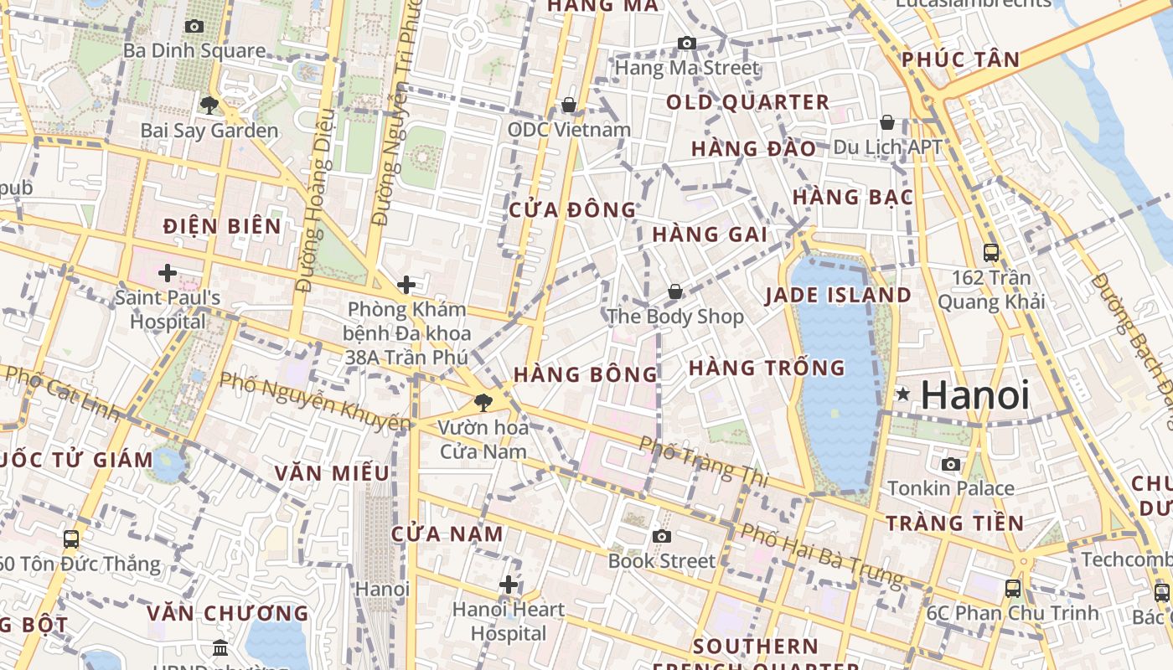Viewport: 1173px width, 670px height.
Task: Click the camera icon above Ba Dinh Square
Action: (194, 27)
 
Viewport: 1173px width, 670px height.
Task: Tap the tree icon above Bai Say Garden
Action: (209, 106)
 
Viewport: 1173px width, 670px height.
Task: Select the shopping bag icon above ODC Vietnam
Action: (569, 105)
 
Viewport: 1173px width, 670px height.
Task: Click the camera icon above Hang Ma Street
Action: (687, 44)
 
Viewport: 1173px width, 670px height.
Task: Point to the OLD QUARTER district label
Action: (747, 103)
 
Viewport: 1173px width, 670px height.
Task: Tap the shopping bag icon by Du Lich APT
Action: (887, 123)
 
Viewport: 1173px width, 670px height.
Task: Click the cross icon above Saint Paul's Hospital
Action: (168, 273)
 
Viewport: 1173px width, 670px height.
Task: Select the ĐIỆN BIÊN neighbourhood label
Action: (222, 226)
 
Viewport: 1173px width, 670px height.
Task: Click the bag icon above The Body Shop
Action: (675, 292)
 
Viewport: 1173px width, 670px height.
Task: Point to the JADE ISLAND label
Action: (838, 295)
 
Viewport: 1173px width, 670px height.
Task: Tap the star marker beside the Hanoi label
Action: (903, 394)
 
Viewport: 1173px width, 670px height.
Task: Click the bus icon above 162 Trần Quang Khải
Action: (991, 253)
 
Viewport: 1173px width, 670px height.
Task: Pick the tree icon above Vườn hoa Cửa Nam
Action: (483, 403)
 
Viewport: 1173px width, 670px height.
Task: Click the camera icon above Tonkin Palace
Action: (951, 464)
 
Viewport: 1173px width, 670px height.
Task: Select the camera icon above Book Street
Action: (662, 536)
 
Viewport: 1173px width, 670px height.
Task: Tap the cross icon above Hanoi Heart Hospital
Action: (509, 585)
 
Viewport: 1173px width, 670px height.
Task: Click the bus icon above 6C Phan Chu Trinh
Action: (1013, 589)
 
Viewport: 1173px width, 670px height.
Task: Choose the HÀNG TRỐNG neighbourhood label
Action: (767, 368)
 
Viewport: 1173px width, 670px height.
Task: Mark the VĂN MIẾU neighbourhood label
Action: (332, 473)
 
